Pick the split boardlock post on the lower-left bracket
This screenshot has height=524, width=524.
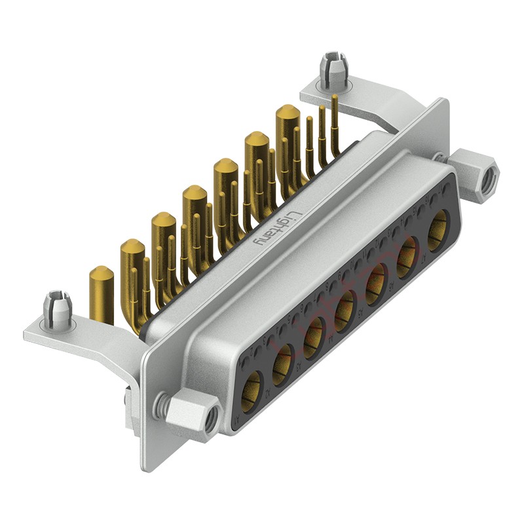(57, 310)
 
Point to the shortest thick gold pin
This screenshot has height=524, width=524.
(102, 294)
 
